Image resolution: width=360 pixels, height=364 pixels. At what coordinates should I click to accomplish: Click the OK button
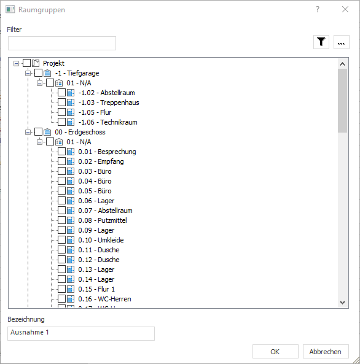click(275, 352)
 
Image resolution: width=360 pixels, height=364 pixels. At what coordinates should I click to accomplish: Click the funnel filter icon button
click(321, 42)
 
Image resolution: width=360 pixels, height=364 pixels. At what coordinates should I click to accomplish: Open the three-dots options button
click(341, 42)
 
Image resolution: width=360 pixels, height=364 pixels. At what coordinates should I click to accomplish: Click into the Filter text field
click(62, 43)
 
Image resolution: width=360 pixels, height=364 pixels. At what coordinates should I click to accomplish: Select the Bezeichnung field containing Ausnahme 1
click(81, 333)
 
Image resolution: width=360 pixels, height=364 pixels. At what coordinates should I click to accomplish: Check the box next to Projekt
click(27, 63)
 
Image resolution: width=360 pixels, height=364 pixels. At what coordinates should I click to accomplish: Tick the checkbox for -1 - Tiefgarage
click(38, 73)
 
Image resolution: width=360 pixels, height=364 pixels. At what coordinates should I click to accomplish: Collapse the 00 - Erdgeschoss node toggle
click(28, 132)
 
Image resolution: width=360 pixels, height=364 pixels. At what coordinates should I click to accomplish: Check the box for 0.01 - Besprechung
click(61, 152)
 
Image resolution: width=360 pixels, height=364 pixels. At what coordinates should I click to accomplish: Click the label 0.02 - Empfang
click(101, 161)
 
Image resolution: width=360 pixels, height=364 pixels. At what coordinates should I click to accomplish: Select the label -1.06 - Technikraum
click(108, 122)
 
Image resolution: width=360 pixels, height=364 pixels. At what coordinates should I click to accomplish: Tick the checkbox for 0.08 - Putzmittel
click(61, 220)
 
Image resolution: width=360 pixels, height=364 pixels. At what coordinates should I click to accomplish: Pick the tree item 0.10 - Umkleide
click(101, 240)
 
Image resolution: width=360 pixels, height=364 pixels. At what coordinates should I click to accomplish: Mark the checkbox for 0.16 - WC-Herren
click(61, 298)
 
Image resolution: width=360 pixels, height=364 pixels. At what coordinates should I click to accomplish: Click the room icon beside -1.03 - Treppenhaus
click(71, 103)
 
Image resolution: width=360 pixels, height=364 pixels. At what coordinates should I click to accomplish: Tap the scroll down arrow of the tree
click(342, 302)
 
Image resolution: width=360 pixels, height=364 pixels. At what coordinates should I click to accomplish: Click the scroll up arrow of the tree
click(342, 64)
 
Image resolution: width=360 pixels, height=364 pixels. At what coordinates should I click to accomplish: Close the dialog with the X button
click(345, 9)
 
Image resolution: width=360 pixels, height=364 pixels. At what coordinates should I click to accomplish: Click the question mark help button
click(318, 9)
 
